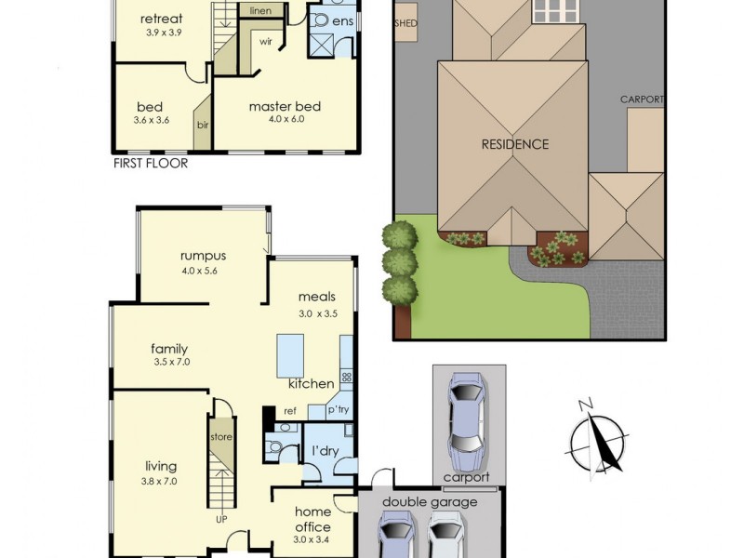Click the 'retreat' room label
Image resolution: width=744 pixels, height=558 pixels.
[x=161, y=19]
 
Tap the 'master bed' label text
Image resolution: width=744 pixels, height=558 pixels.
[x=284, y=106]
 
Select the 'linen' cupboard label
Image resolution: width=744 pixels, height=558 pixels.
[x=260, y=10]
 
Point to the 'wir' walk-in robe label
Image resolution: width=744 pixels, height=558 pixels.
[x=265, y=42]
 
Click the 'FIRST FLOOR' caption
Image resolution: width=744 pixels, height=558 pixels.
[x=150, y=164]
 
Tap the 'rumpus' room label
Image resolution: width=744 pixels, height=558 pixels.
[x=203, y=256]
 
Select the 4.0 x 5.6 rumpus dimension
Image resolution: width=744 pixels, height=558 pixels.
[x=203, y=272]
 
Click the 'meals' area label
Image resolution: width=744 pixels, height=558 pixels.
[x=317, y=297]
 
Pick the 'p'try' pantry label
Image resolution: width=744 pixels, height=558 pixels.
[x=337, y=410]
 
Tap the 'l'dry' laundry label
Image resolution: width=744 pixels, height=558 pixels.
[x=325, y=451]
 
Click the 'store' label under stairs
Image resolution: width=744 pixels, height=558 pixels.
[x=221, y=436]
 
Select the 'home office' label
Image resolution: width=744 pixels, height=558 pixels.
[x=312, y=519]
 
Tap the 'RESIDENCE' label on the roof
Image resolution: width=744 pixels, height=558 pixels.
[x=514, y=144]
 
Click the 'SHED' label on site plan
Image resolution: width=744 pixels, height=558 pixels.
[x=406, y=24]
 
